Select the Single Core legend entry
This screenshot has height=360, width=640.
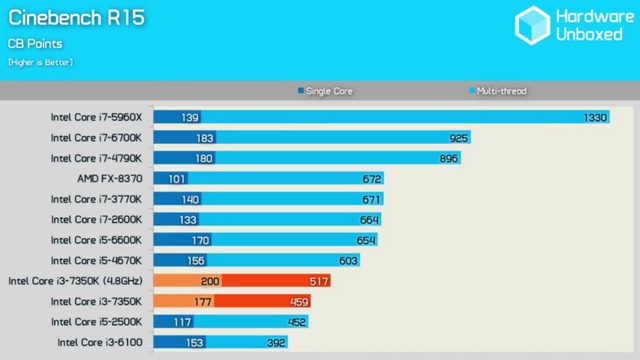click(327, 91)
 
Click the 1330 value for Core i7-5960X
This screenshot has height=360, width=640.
click(595, 117)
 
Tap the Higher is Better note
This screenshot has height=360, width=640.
click(40, 63)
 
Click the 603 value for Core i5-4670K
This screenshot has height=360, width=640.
click(348, 260)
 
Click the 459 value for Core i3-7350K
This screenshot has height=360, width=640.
click(298, 301)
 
